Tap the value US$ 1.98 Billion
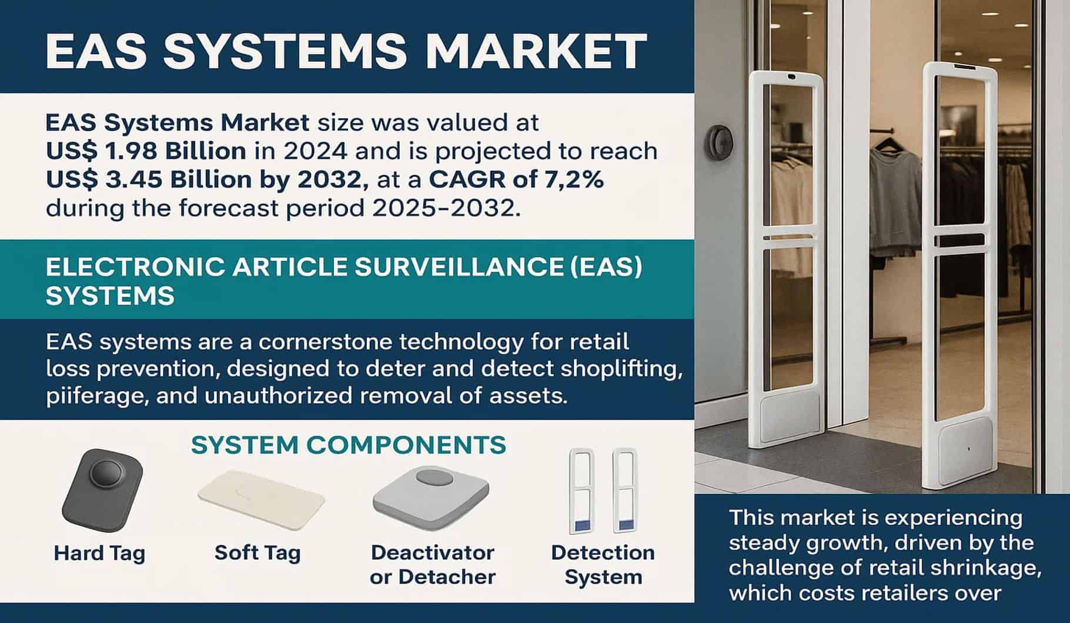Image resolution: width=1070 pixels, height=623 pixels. pyautogui.click(x=146, y=151)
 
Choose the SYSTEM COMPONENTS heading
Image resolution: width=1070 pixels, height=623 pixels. pyautogui.click(x=349, y=445)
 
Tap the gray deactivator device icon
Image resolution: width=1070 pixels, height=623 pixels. pyautogui.click(x=431, y=495)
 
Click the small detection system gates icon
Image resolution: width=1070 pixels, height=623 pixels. pyautogui.click(x=603, y=491)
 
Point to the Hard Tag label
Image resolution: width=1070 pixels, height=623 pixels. pyautogui.click(x=99, y=553)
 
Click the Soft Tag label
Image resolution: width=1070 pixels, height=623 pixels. pyautogui.click(x=258, y=552)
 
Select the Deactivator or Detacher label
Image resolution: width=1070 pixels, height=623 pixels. pyautogui.click(x=433, y=565)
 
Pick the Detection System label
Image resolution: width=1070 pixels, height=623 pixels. pyautogui.click(x=603, y=565)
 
